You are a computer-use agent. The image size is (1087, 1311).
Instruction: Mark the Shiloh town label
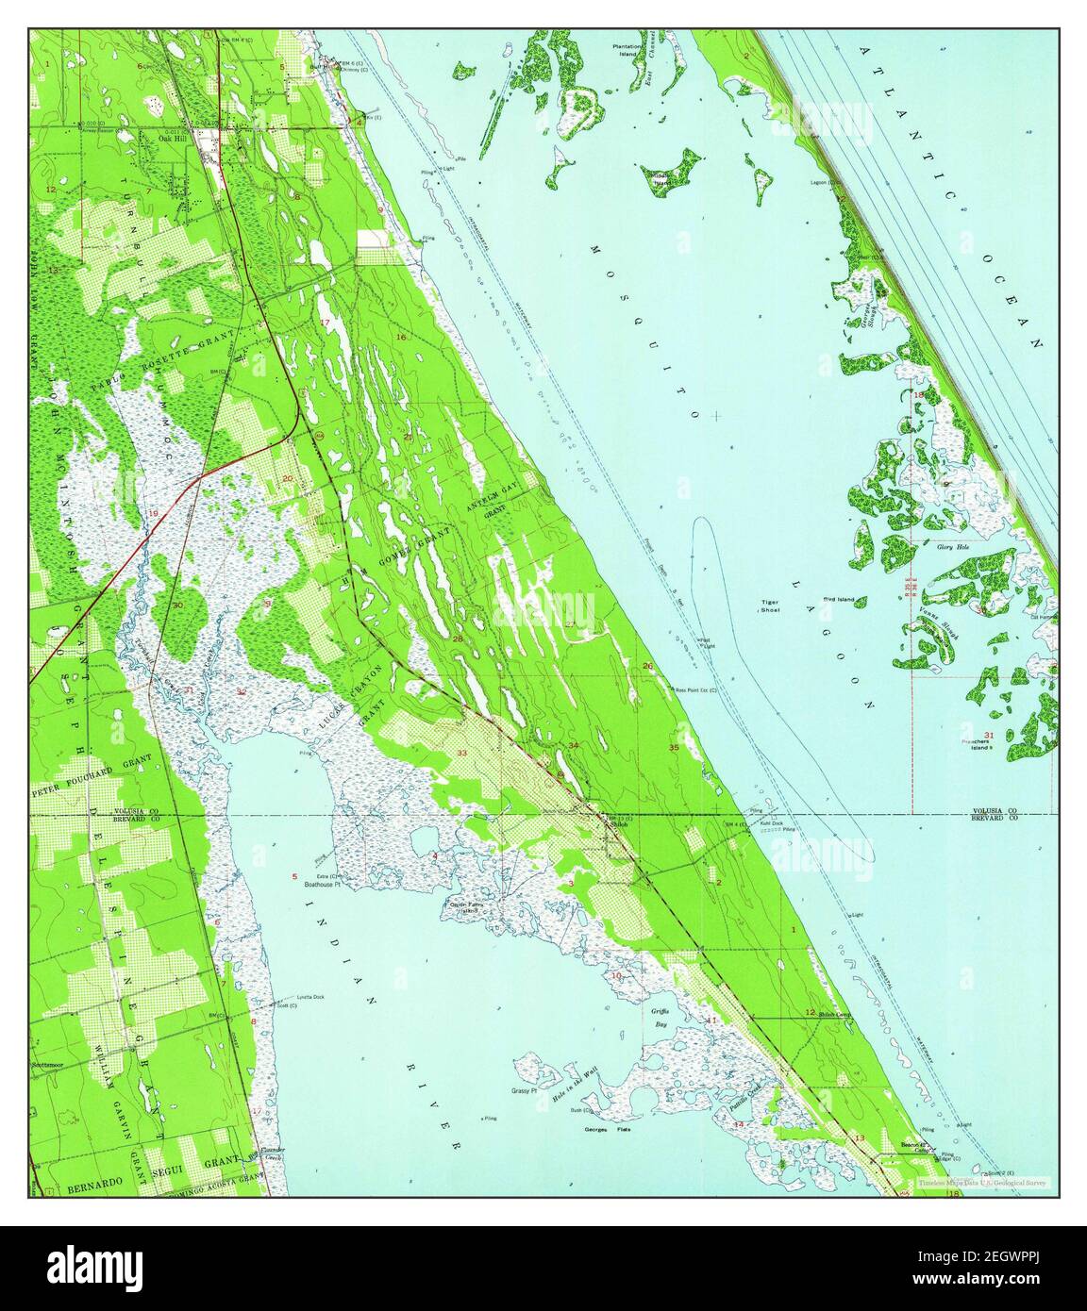click(619, 823)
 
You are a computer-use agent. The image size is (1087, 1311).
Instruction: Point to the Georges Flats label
click(608, 1129)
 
